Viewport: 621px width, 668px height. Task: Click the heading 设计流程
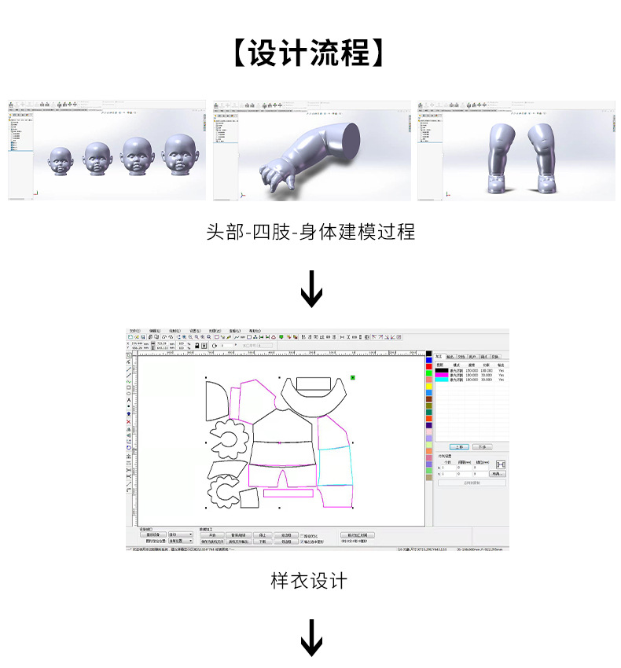tap(310, 54)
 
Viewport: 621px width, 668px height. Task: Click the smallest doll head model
tap(61, 161)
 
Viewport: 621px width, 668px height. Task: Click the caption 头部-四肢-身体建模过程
tap(310, 232)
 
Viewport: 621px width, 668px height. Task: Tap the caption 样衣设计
tap(309, 581)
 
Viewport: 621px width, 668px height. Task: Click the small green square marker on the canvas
tap(354, 378)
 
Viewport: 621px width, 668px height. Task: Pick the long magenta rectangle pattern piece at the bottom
tap(288, 494)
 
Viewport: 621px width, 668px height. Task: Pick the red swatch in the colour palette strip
tap(429, 366)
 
